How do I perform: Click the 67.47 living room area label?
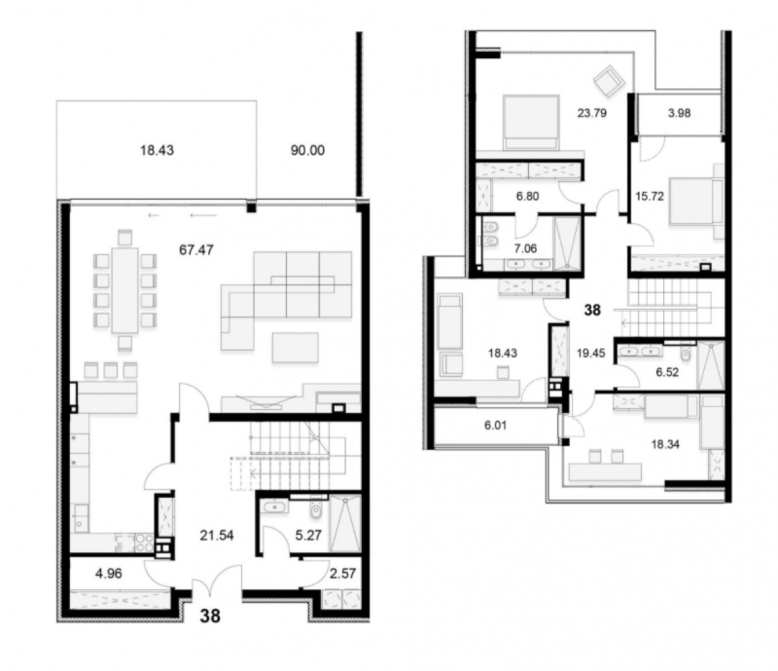[x=196, y=250]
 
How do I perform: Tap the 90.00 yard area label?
[x=307, y=151]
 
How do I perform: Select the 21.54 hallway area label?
[x=217, y=535]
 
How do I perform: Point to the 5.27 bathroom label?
[x=308, y=535]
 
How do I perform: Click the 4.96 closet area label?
[x=109, y=574]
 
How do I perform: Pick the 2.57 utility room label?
[x=342, y=574]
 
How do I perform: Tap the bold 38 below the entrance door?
[x=210, y=616]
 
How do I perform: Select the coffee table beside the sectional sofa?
[x=295, y=347]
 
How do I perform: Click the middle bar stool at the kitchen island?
[x=111, y=370]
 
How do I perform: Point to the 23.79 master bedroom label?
[x=592, y=113]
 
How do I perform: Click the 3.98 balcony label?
[x=679, y=113]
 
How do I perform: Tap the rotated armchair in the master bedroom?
[x=609, y=82]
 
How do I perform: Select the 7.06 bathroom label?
[x=525, y=249]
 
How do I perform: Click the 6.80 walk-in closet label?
[x=527, y=196]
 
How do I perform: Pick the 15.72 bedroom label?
[x=650, y=196]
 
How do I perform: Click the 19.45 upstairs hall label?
[x=591, y=353]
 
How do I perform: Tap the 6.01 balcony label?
[x=495, y=426]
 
